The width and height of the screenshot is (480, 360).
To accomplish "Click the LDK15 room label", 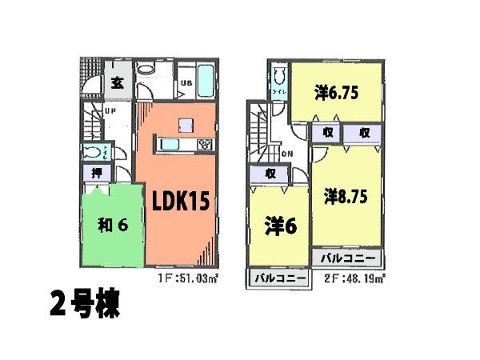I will (181, 201).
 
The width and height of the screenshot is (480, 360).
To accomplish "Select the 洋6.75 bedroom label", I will (334, 94).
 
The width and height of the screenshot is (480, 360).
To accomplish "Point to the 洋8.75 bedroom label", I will (346, 195).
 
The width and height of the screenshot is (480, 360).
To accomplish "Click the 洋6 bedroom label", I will (281, 226).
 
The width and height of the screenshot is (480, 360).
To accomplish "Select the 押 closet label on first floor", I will (95, 173).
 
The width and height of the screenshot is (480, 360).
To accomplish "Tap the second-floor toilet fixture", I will (278, 80).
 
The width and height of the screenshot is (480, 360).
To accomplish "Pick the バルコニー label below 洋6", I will (280, 278).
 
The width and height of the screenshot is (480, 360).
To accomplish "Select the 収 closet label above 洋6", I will (272, 174).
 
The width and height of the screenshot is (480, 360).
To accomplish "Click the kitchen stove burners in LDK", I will (203, 145).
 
